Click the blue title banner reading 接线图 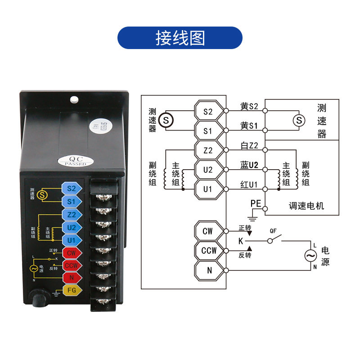(180, 38)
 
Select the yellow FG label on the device (72, 290)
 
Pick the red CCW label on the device (71, 265)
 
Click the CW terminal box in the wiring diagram (207, 231)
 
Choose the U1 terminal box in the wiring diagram (207, 189)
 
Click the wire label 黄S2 (249, 107)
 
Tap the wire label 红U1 (249, 184)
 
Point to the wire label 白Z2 (249, 146)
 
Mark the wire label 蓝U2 (249, 165)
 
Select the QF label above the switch (273, 230)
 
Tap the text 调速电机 (306, 206)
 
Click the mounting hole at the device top (75, 99)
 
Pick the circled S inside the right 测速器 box (298, 120)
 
